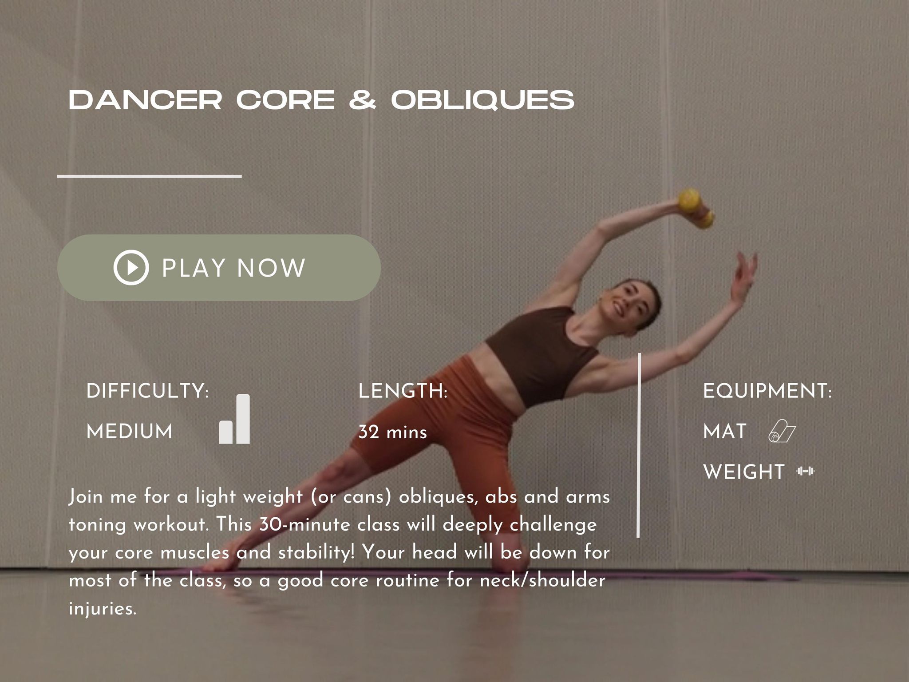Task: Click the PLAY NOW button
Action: click(x=219, y=268)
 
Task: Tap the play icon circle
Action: click(x=131, y=267)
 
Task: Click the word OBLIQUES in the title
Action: click(x=482, y=99)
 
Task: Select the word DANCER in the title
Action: click(x=145, y=99)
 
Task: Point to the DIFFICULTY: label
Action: click(x=147, y=391)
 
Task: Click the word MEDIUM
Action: click(x=130, y=431)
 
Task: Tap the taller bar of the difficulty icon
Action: click(x=243, y=419)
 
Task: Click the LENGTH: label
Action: click(x=403, y=391)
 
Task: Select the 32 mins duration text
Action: click(x=393, y=432)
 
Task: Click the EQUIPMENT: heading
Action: click(x=767, y=391)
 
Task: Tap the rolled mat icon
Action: click(x=782, y=432)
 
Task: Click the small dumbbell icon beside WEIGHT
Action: click(x=806, y=471)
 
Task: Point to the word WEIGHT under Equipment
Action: click(x=744, y=472)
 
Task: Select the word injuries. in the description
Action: click(x=103, y=608)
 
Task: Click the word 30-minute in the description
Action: click(x=305, y=524)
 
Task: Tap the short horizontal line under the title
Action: click(x=150, y=176)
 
